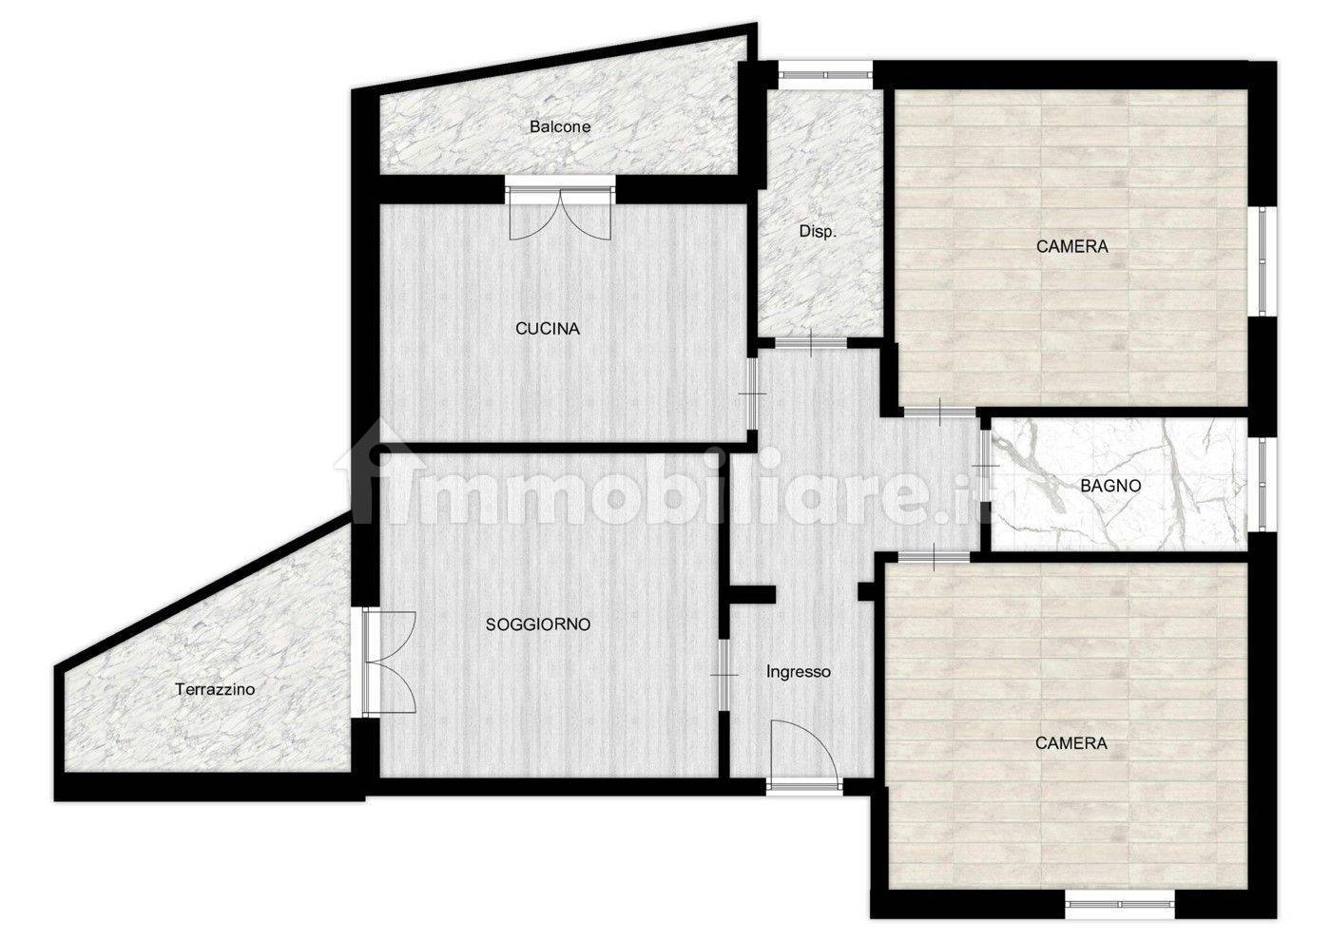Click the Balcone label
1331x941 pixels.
click(560, 126)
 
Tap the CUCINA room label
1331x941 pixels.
click(548, 329)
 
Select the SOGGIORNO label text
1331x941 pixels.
click(538, 624)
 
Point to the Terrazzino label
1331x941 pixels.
click(215, 689)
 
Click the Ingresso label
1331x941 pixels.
click(798, 672)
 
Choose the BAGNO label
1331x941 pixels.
click(1110, 486)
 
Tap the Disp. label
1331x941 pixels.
click(818, 232)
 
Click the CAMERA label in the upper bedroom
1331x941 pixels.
click(1072, 246)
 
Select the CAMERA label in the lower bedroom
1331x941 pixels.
click(1071, 743)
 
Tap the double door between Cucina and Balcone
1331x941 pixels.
click(560, 208)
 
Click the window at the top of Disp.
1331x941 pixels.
click(826, 75)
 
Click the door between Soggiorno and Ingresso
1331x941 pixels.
click(724, 675)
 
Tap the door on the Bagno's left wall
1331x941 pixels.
click(985, 467)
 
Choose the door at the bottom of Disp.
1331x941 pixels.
click(811, 343)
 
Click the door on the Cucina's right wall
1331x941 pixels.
click(752, 394)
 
